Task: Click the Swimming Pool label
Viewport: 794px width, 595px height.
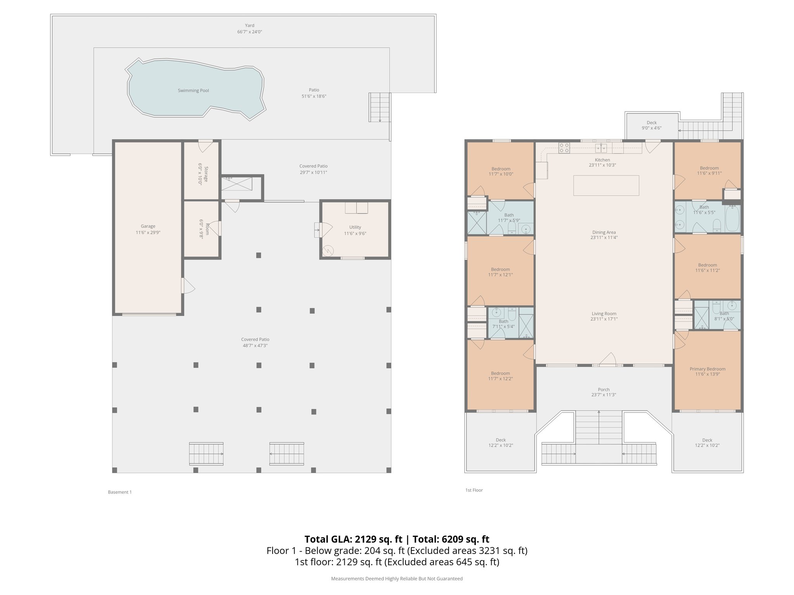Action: pos(193,91)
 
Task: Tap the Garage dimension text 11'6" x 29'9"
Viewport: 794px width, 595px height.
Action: pos(148,232)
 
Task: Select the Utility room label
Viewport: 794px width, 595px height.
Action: pos(355,227)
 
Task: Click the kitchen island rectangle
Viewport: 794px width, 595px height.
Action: pos(606,186)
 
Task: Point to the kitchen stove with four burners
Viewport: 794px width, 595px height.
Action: pos(564,148)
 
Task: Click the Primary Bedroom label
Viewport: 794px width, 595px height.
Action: pos(707,369)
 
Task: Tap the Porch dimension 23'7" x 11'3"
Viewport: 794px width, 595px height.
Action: pos(604,395)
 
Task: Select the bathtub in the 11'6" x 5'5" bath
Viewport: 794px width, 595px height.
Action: pos(732,218)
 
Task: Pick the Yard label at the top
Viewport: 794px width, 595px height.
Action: pos(250,26)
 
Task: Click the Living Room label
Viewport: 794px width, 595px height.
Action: pos(604,314)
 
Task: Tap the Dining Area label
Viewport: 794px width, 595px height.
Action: pos(604,232)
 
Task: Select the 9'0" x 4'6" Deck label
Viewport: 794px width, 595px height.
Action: pos(651,123)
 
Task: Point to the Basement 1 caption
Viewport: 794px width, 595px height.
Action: pos(120,492)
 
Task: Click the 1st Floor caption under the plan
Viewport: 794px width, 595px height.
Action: pos(474,490)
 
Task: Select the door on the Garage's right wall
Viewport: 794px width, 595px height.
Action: pos(187,286)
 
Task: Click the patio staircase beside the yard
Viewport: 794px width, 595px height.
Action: pos(379,107)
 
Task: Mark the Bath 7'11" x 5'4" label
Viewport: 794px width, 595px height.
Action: pos(503,321)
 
